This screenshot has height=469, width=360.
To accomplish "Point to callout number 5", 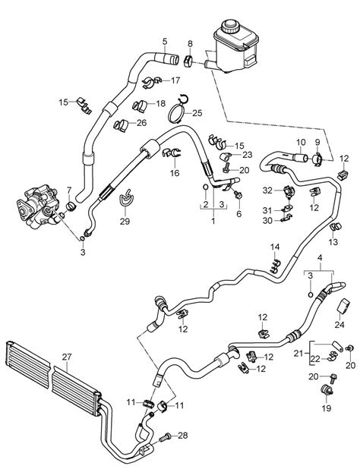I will (164, 40).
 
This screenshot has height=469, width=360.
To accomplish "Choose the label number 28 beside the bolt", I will (182, 435).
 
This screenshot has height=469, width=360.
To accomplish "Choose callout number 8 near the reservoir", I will (189, 43).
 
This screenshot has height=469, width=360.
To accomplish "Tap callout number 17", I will (175, 80).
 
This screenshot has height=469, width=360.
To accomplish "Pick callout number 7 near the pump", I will (70, 190).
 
